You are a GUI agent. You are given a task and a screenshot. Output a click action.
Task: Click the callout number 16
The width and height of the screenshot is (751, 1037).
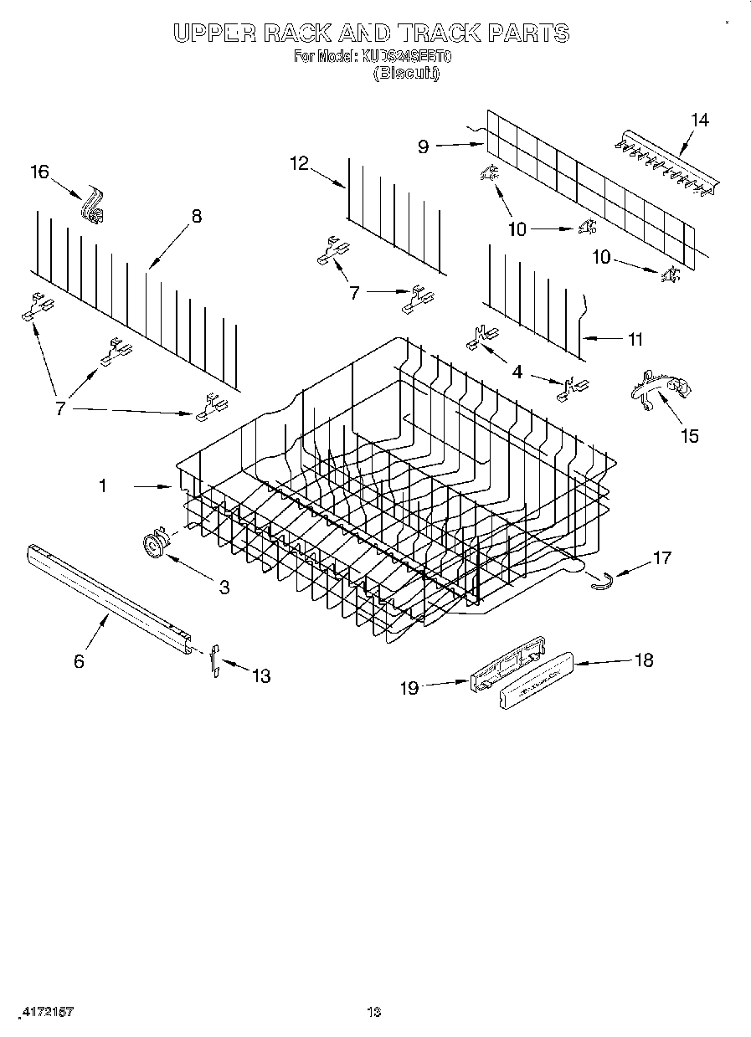click(39, 172)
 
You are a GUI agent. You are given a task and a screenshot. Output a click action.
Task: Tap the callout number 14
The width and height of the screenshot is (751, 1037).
click(699, 120)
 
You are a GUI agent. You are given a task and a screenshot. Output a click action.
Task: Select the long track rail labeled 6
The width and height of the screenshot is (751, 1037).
click(109, 595)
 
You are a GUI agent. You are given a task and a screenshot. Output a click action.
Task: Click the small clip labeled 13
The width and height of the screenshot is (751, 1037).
click(215, 660)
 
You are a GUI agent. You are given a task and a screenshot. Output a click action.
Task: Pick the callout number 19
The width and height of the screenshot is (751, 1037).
click(409, 687)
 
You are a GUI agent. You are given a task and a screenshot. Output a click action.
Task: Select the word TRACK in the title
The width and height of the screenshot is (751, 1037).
click(445, 33)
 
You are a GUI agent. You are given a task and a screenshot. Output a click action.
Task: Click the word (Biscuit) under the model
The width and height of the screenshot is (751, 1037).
click(406, 73)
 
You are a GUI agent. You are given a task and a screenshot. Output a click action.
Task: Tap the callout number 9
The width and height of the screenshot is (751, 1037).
click(423, 146)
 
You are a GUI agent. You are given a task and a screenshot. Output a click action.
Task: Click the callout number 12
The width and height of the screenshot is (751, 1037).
click(299, 163)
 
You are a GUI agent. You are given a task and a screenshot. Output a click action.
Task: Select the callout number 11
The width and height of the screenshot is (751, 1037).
click(635, 339)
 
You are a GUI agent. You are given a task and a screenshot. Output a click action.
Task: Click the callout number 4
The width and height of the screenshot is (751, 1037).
click(517, 371)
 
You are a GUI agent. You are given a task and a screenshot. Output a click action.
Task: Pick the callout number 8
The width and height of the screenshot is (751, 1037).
click(196, 216)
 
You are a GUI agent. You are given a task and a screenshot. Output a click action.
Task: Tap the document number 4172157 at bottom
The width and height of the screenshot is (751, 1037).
click(47, 1011)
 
